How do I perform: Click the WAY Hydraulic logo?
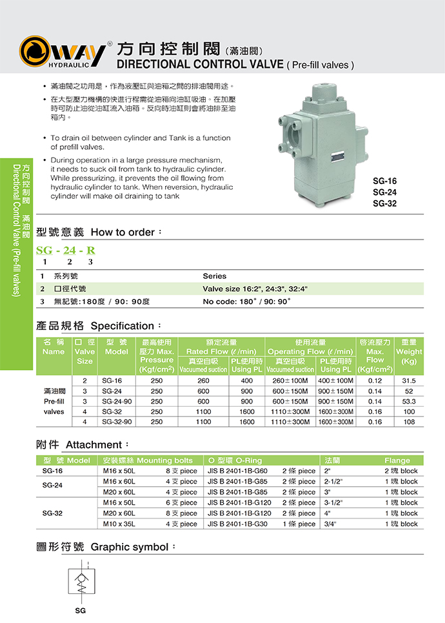[63, 53]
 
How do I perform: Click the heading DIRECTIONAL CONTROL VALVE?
[199, 65]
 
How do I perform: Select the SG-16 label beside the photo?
[384, 181]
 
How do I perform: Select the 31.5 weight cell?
[408, 381]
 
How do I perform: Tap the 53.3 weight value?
[408, 402]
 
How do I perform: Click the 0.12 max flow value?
[375, 381]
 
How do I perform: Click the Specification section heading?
[123, 326]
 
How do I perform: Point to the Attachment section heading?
[94, 445]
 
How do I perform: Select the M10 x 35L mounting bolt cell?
[119, 524]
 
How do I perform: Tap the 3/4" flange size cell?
[331, 524]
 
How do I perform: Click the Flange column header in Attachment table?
[397, 460]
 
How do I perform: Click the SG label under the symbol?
[80, 610]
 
